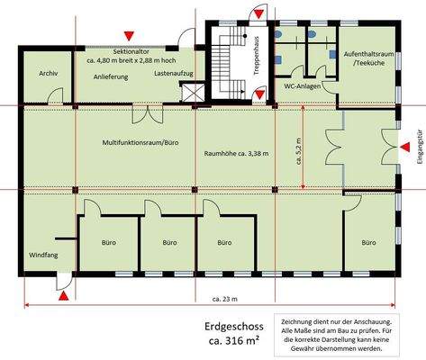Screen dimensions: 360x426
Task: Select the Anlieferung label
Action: [x=112, y=76]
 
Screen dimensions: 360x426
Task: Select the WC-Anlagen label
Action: [x=303, y=86]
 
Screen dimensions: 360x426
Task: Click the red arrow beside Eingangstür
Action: [x=405, y=146]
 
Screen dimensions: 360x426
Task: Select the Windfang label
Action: [x=41, y=253]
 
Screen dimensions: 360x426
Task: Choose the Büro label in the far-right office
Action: [x=367, y=243]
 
